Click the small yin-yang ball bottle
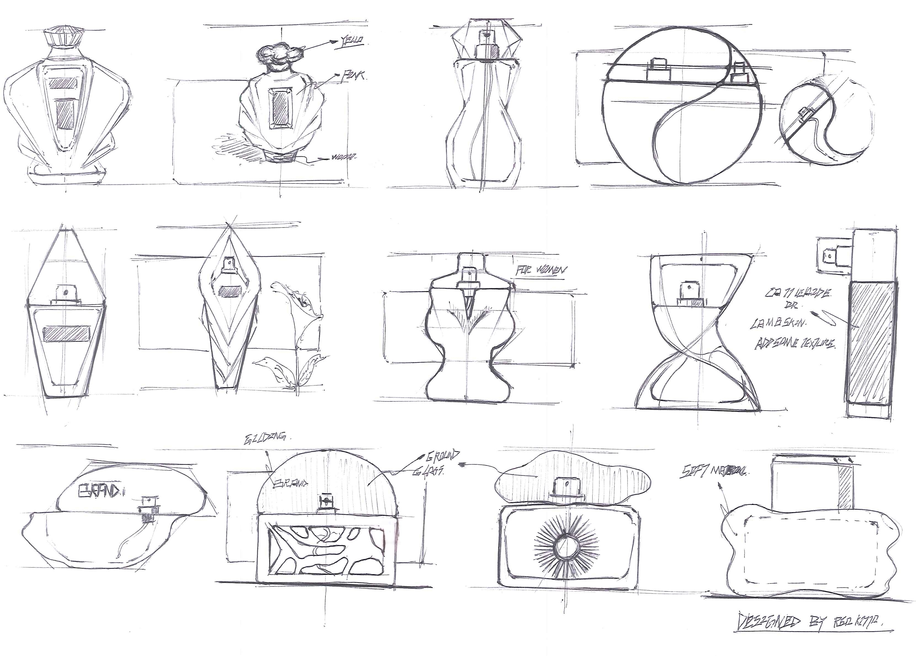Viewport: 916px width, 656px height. (x=826, y=121)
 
